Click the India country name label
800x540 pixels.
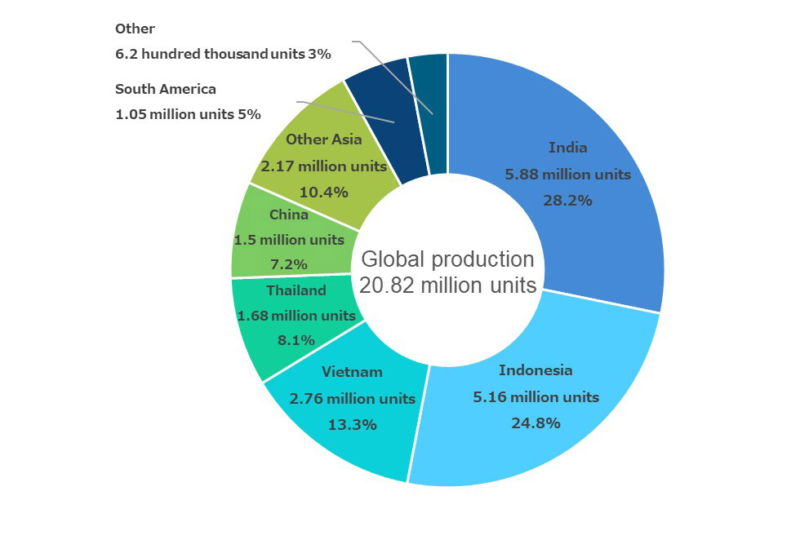point(567,148)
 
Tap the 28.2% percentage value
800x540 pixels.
point(567,200)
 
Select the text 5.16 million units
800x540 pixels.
point(536,397)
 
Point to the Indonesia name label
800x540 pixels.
point(536,370)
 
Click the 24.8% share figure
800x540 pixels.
point(536,423)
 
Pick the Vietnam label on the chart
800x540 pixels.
point(352,372)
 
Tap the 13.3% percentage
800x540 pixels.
point(352,425)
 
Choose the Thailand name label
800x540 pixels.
point(296,290)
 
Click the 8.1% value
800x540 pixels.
point(296,340)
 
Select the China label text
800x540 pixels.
point(289,215)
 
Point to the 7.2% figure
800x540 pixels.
point(289,264)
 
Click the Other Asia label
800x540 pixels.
point(323,139)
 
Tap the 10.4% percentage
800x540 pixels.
point(323,193)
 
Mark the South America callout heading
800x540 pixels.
point(166,89)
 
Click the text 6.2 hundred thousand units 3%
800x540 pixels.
point(223,55)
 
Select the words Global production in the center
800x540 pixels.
point(447,259)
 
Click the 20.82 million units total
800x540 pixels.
point(447,285)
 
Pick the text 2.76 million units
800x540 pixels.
point(352,399)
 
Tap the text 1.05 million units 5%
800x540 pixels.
point(188,114)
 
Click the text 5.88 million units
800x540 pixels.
point(567,175)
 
